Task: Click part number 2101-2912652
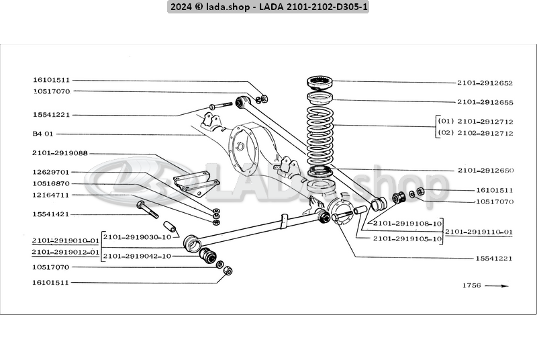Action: coord(485,83)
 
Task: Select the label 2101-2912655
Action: coord(485,103)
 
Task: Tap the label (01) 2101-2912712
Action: coord(475,123)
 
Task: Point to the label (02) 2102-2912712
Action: coord(475,133)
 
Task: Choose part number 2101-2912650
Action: coord(485,171)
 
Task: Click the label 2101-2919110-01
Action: coord(479,232)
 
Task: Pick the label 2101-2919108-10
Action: coord(407,223)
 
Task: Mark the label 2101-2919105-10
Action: coord(407,238)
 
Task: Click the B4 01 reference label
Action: coord(42,134)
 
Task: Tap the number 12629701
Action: coord(51,172)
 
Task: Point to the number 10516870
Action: coord(51,183)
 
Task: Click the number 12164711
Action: coord(51,195)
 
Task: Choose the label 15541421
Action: coord(51,214)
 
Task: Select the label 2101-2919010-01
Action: coord(65,240)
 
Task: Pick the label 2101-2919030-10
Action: coord(138,236)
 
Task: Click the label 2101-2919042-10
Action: coord(138,255)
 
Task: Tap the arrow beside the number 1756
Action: coord(497,285)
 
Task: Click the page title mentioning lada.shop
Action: coord(268,7)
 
